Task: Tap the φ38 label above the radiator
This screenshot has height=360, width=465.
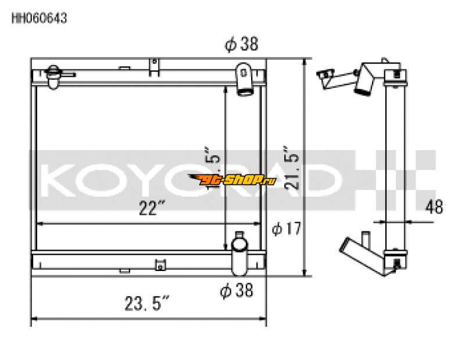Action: point(241,45)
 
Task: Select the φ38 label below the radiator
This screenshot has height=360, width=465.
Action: point(237,290)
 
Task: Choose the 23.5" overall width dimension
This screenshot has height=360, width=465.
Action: point(146,304)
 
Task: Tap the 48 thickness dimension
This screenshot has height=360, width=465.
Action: point(435,206)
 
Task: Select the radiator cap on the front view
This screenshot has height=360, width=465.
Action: point(54,76)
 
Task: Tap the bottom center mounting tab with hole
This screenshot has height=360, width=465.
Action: point(159,266)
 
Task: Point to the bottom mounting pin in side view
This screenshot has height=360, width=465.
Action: point(397,266)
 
